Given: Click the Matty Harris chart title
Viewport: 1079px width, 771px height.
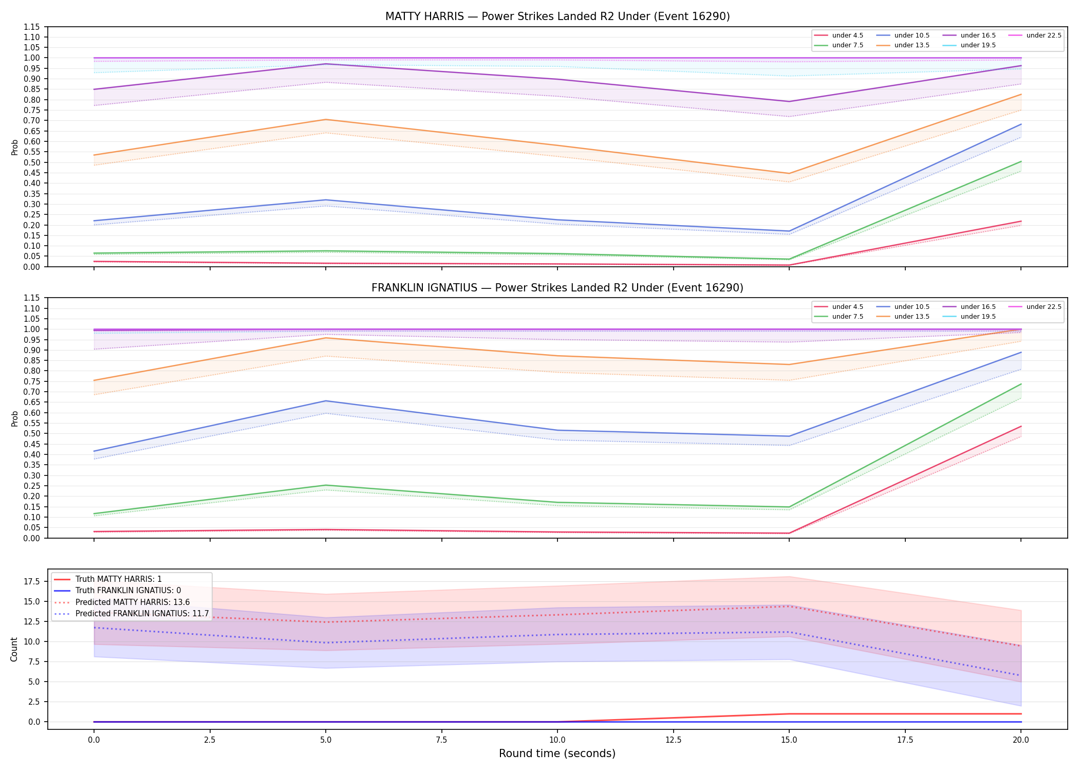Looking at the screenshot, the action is pyautogui.click(x=557, y=16).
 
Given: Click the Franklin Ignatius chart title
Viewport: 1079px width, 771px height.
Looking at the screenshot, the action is pyautogui.click(x=557, y=288).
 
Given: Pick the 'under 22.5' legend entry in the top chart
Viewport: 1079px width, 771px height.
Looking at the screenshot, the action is pyautogui.click(x=1036, y=35).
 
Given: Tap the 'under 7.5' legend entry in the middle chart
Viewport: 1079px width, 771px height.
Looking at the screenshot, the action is pyautogui.click(x=839, y=317).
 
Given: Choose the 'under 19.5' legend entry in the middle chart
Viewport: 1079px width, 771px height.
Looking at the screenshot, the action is pyautogui.click(x=970, y=317).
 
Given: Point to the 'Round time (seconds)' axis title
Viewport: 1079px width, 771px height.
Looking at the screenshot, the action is pyautogui.click(x=557, y=754).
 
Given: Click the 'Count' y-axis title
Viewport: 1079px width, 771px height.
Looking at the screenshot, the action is pyautogui.click(x=14, y=650).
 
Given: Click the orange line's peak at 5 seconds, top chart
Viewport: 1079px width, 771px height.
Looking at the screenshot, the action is pyautogui.click(x=325, y=120).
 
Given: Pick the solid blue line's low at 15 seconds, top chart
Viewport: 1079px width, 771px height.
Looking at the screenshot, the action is pyautogui.click(x=789, y=231).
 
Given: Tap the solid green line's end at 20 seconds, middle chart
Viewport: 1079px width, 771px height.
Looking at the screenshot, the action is pyautogui.click(x=1021, y=384).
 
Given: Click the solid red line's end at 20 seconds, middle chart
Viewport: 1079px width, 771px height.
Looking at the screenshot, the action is pyautogui.click(x=1021, y=426).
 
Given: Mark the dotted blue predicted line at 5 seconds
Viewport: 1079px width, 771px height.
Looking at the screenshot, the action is pyautogui.click(x=325, y=643).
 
